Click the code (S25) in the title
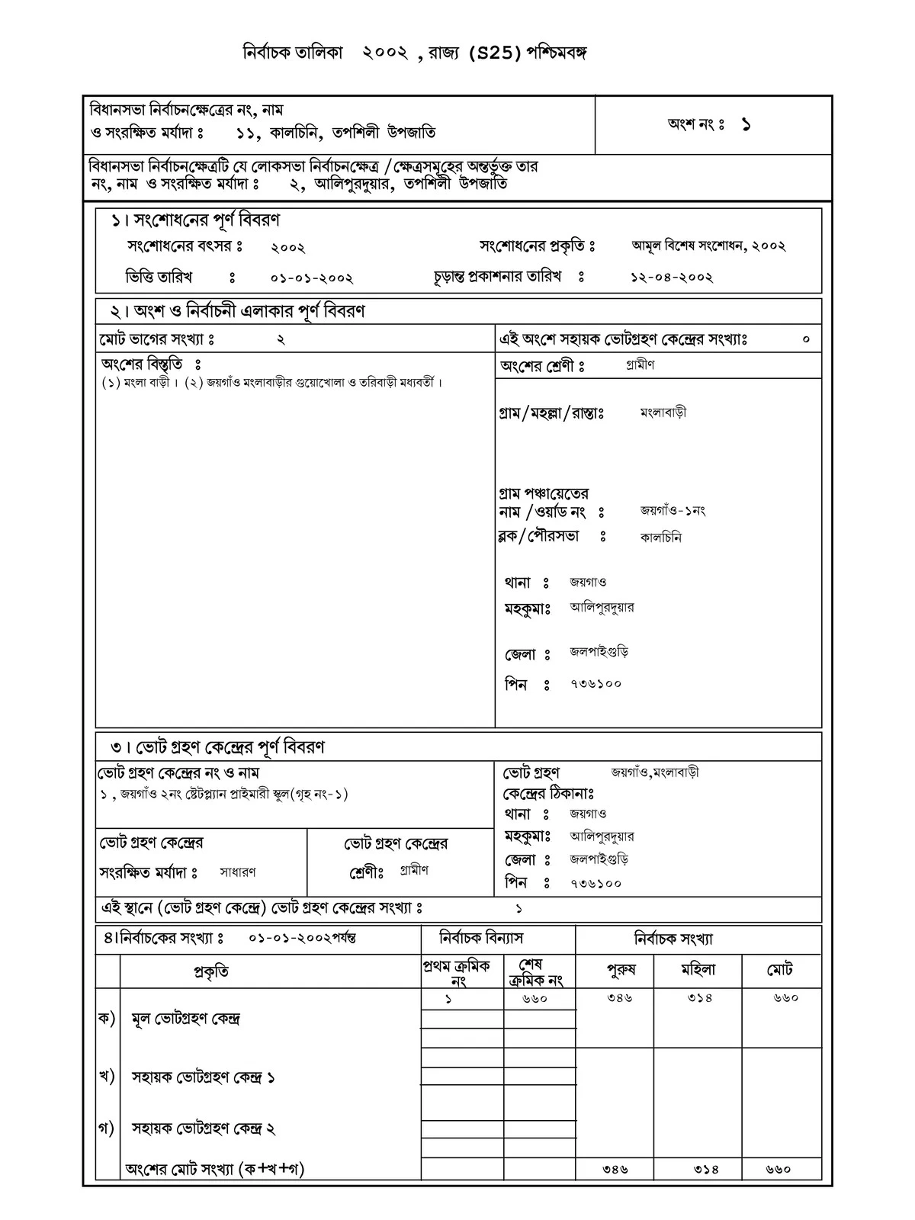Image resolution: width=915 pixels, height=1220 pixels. (495, 53)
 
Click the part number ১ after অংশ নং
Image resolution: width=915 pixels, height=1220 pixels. (745, 125)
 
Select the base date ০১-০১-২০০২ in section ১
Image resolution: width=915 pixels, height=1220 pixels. (312, 278)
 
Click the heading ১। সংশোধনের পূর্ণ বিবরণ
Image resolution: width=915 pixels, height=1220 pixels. (196, 220)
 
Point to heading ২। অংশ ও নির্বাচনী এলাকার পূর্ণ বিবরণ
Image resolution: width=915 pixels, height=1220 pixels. (238, 311)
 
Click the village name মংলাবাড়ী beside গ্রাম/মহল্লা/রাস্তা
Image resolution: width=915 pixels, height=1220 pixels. (663, 413)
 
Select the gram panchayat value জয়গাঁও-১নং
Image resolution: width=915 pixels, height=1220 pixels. (673, 511)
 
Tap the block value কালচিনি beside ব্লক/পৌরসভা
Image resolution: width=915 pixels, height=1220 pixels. (660, 538)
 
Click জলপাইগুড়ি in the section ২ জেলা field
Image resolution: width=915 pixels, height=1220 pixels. (599, 653)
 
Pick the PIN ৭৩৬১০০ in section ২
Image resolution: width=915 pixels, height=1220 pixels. (596, 684)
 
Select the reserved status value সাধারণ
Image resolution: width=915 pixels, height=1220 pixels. (238, 872)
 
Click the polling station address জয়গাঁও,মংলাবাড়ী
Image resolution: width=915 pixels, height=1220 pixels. (655, 772)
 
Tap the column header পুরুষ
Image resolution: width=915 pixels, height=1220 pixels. (621, 970)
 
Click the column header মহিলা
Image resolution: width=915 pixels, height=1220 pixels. (698, 970)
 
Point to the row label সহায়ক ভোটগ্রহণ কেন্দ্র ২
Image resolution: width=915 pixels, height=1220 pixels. (204, 1128)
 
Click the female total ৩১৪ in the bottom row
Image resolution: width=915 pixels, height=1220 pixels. (707, 1168)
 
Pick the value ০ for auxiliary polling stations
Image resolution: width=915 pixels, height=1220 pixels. (806, 339)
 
